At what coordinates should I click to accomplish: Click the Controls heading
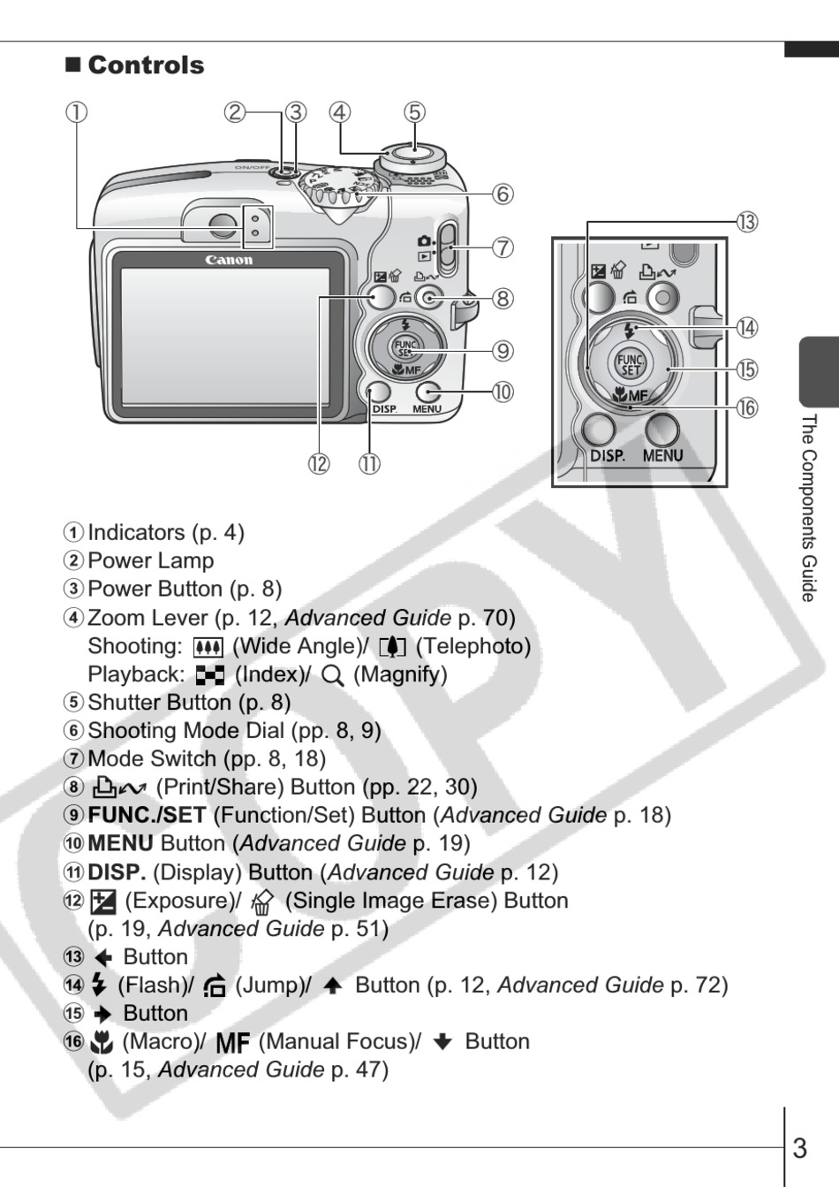(146, 65)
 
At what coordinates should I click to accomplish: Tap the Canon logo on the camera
(229, 260)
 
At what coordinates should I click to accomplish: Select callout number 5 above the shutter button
(414, 112)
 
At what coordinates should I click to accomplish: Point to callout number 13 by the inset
(746, 222)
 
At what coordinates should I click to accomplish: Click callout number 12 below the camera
(319, 463)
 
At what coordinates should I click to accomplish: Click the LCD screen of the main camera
(224, 336)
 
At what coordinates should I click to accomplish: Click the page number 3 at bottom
(799, 1148)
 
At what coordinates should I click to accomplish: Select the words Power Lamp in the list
(151, 561)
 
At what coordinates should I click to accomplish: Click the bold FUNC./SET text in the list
(147, 816)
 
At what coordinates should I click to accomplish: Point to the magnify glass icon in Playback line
(332, 676)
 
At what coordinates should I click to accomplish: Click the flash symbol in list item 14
(99, 985)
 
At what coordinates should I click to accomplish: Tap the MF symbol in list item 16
(232, 1043)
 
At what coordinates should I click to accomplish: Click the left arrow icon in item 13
(103, 957)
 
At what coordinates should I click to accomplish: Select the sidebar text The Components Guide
(808, 507)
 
